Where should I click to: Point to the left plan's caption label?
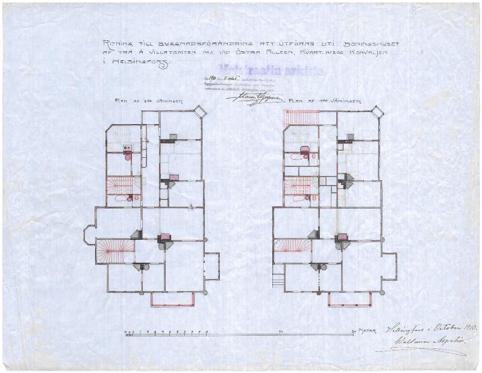pos(149,101)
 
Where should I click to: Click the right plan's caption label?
pos(326,101)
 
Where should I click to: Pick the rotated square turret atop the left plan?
pos(199,111)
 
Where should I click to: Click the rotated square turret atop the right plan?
pos(377,112)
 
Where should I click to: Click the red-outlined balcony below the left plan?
pos(172,299)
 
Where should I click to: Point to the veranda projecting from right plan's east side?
pos(389,266)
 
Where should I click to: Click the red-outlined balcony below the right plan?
pos(350,299)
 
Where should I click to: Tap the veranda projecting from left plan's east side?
pos(211,266)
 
